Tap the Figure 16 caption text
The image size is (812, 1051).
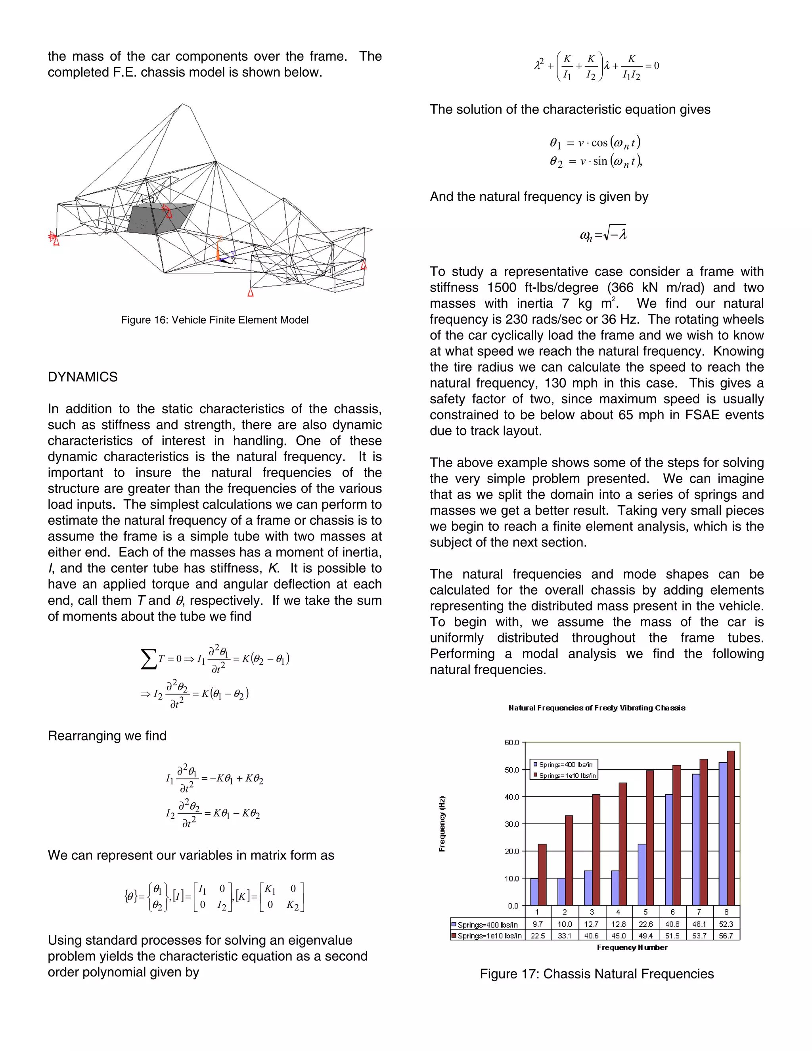[x=214, y=320]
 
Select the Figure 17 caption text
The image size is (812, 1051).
[x=596, y=974]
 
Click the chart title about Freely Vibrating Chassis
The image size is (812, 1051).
[x=596, y=708]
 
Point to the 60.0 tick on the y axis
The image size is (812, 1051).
[x=511, y=742]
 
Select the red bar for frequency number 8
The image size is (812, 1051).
[x=730, y=828]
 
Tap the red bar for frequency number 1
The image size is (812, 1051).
[x=542, y=875]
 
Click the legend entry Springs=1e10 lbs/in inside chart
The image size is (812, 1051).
[x=567, y=776]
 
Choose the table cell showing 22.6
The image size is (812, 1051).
[x=645, y=924]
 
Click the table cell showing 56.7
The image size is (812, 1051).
[x=726, y=936]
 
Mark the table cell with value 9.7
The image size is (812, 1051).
[x=537, y=924]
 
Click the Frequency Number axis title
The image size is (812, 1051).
[x=632, y=947]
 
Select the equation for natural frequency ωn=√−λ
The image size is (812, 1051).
[x=603, y=234]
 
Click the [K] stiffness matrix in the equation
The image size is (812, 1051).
[x=282, y=897]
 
